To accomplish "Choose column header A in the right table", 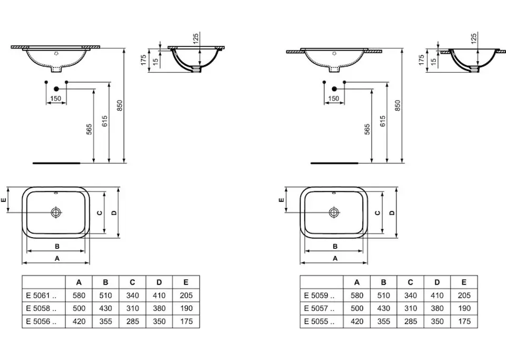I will click(357, 282).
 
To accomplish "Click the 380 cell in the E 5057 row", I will click(437, 307).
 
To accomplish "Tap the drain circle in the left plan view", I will click(56, 212).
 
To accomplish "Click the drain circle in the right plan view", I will click(334, 212).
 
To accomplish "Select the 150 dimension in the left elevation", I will click(55, 99).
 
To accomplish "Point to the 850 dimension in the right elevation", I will click(397, 104).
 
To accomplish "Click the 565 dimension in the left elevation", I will click(90, 128).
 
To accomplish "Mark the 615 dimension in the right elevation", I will click(382, 121).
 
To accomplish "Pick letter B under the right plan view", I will click(335, 245).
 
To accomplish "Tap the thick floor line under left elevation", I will click(56, 161).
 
